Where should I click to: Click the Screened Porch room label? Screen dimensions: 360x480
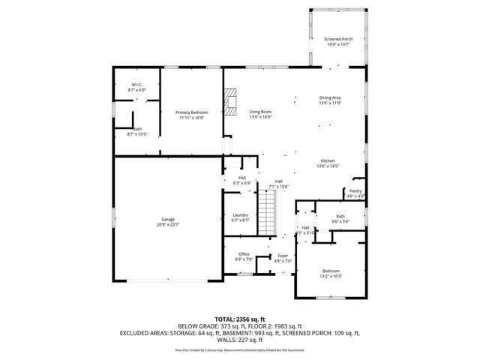coord(337,39)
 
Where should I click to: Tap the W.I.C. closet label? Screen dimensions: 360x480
coord(137,84)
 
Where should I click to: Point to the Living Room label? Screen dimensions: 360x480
coord(260,112)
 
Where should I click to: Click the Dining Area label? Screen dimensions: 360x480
coord(331,97)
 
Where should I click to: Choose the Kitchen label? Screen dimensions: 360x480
coord(328,161)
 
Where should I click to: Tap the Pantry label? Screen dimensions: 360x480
coord(355,190)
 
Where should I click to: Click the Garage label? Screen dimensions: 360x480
coord(168,219)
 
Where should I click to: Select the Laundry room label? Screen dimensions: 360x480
coord(240,214)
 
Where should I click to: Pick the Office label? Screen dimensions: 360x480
coord(244,254)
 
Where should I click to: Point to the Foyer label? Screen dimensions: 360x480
coord(283,256)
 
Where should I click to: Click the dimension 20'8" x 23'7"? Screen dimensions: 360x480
coord(168,224)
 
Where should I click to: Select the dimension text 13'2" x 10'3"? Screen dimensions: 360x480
coord(331,276)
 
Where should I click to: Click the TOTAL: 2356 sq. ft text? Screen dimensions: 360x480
coord(240,319)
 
